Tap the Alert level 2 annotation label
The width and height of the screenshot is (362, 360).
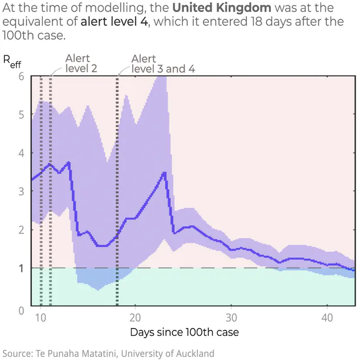(81, 63)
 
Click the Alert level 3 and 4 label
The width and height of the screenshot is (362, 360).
(163, 63)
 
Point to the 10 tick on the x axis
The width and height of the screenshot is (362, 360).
(40, 317)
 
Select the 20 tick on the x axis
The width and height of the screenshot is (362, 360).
(135, 317)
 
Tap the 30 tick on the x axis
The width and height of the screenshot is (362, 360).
(231, 317)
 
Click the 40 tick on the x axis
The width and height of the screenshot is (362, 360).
(326, 317)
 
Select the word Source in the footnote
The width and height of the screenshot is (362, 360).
(16, 353)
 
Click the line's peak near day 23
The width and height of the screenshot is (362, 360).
(164, 173)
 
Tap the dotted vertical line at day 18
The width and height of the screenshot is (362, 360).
(116, 181)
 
